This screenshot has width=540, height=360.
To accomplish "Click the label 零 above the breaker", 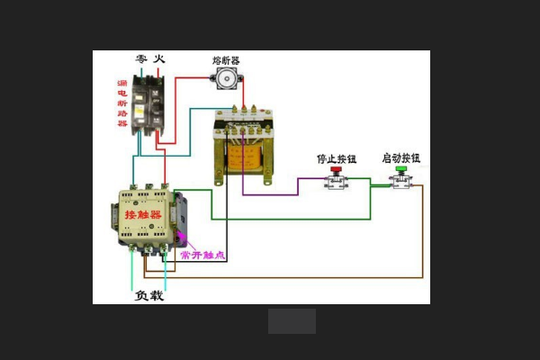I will tap(141, 58).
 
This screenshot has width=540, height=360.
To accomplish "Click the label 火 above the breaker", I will tap(159, 58).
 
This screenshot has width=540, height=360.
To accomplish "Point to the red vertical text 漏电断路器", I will tap(122, 103).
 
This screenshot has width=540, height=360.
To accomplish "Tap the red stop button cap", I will tap(337, 169).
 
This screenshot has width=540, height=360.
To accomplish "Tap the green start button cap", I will tap(402, 167).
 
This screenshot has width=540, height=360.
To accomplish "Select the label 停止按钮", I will tap(336, 158).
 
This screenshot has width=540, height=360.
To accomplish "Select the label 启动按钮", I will tap(401, 157).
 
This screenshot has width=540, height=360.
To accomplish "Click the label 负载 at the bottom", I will tap(149, 294).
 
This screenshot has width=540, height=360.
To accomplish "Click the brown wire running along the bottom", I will tap(297, 276).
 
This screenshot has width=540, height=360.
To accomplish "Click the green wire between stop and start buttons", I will tap(369, 179).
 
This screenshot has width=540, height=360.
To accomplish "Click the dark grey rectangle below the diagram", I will tap(292, 321).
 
